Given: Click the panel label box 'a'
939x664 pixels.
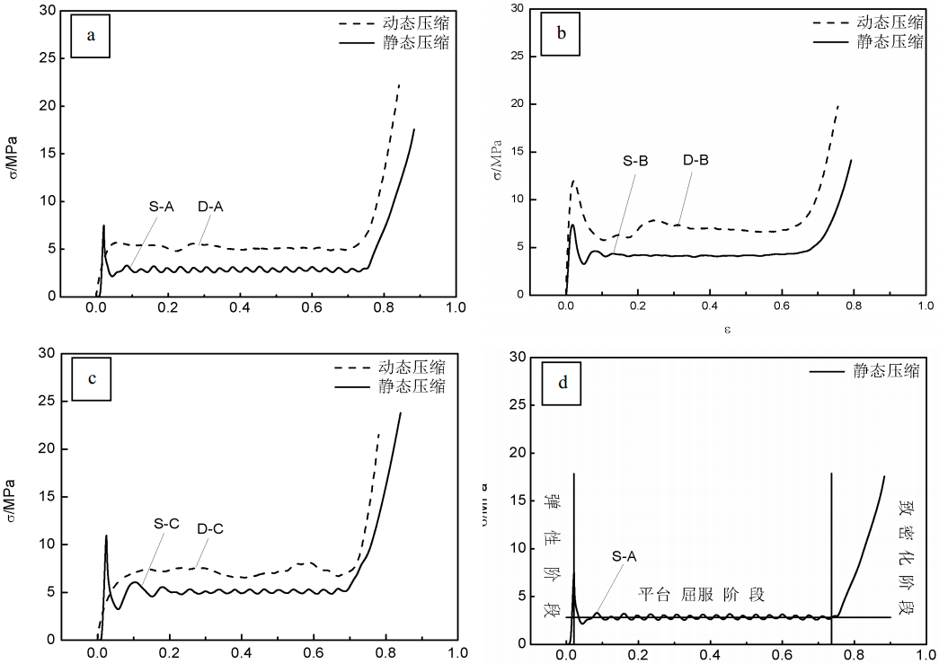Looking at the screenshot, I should pyautogui.click(x=90, y=36).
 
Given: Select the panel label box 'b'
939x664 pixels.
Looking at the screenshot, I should pyautogui.click(x=562, y=35).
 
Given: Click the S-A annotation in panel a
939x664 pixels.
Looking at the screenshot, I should pyautogui.click(x=162, y=207).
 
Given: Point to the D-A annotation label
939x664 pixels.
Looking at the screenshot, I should pyautogui.click(x=210, y=207).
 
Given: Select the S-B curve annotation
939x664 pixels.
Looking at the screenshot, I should pyautogui.click(x=635, y=162).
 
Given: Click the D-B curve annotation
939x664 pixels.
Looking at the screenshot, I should pyautogui.click(x=695, y=161).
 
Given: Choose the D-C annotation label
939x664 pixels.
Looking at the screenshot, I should pyautogui.click(x=210, y=529).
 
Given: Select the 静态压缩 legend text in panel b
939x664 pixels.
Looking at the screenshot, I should pyautogui.click(x=890, y=41).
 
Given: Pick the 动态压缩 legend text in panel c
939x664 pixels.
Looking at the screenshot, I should pyautogui.click(x=411, y=367).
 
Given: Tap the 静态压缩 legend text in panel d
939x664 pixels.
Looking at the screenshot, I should pyautogui.click(x=885, y=371).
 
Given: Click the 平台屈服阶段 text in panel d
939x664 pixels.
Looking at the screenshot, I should pyautogui.click(x=701, y=595).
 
